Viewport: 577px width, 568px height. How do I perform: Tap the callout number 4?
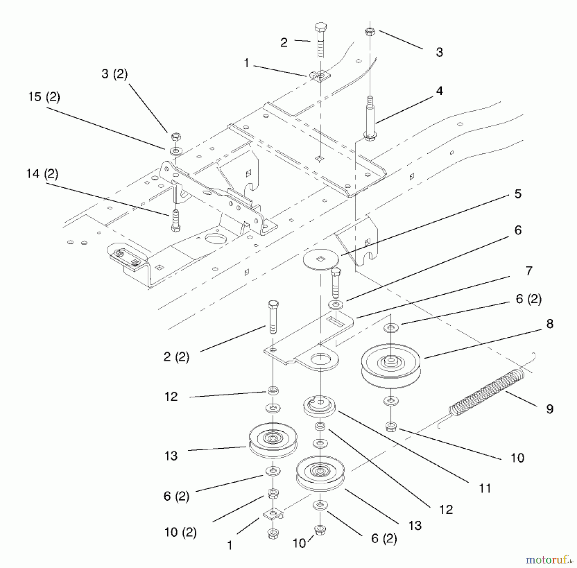click(x=439, y=91)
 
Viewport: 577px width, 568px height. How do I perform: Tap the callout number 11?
click(x=484, y=488)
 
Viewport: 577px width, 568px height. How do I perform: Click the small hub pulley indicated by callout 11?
click(x=319, y=407)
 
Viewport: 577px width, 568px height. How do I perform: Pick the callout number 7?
click(x=529, y=270)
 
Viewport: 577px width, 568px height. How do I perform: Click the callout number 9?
click(x=550, y=409)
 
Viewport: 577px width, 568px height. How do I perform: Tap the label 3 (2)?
click(x=114, y=73)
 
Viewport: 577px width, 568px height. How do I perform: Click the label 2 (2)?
click(x=176, y=357)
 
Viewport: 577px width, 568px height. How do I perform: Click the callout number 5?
click(x=518, y=193)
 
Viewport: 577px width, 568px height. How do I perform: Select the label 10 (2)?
click(x=180, y=532)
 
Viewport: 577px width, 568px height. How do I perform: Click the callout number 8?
click(x=550, y=324)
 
